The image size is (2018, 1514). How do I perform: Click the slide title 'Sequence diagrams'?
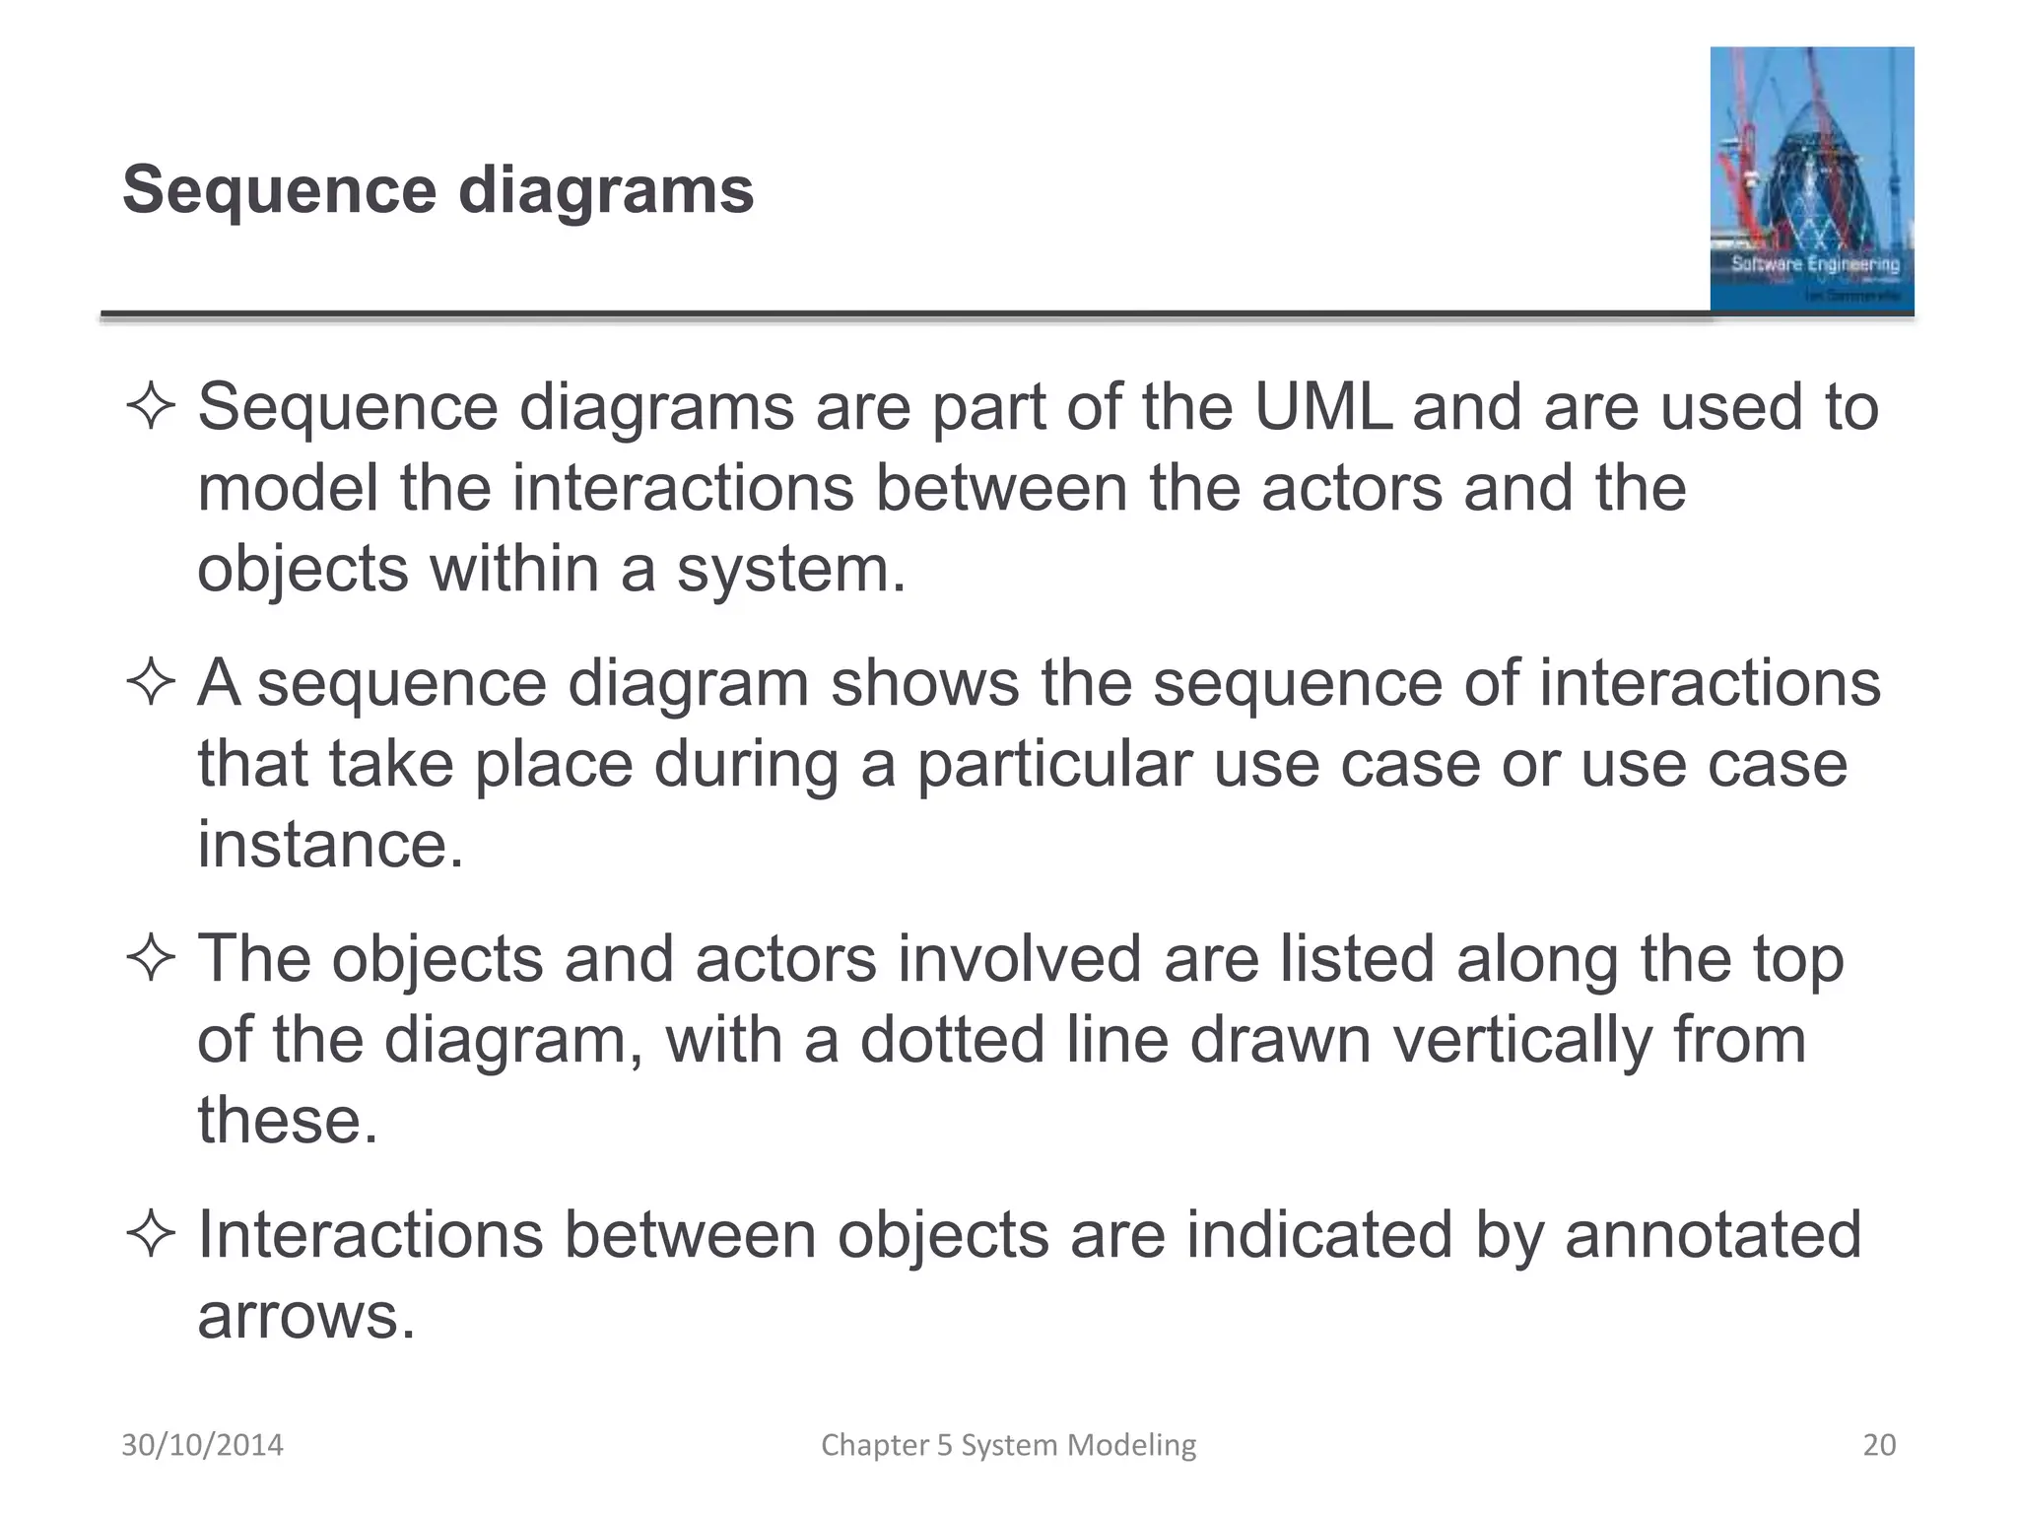pyautogui.click(x=437, y=189)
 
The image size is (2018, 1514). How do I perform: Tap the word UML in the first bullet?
pyautogui.click(x=1323, y=407)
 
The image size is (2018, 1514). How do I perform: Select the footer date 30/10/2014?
pyautogui.click(x=202, y=1445)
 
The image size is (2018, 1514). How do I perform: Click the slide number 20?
pyautogui.click(x=1879, y=1445)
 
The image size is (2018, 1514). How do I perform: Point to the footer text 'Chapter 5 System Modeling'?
pyautogui.click(x=1008, y=1445)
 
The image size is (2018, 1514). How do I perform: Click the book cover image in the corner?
pyautogui.click(x=1811, y=179)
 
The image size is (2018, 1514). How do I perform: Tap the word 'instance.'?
pyautogui.click(x=330, y=845)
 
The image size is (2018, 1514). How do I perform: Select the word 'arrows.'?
pyautogui.click(x=306, y=1316)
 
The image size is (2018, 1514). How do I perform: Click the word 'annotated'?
pyautogui.click(x=1713, y=1235)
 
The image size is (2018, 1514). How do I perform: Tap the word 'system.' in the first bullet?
pyautogui.click(x=791, y=570)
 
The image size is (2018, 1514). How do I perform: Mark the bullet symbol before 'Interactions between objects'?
pyautogui.click(x=151, y=1235)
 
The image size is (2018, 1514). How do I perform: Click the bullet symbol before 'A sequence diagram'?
pyautogui.click(x=151, y=683)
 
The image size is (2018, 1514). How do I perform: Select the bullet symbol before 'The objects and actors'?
pyautogui.click(x=151, y=959)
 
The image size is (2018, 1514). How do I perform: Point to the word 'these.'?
pyautogui.click(x=288, y=1121)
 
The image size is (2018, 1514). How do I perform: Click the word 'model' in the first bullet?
pyautogui.click(x=288, y=489)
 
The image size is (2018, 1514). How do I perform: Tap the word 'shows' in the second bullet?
pyautogui.click(x=924, y=683)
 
